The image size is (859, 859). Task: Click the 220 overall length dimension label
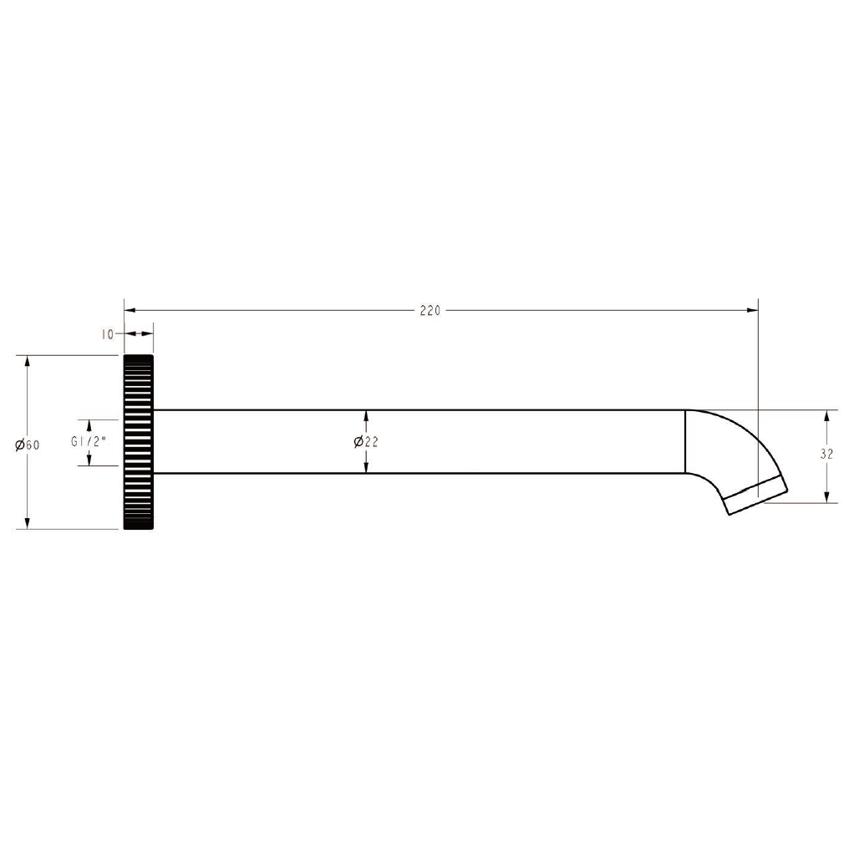(x=430, y=311)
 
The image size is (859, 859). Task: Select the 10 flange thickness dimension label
(x=107, y=334)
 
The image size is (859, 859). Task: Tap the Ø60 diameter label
(x=28, y=445)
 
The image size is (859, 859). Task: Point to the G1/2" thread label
(x=88, y=441)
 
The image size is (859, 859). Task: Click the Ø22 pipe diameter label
(x=366, y=441)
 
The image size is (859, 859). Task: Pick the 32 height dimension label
(x=826, y=455)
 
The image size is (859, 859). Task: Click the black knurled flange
(x=139, y=442)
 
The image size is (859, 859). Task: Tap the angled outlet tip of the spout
(x=756, y=495)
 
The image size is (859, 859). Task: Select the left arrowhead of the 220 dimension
(x=130, y=311)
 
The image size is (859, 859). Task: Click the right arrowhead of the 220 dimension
(x=752, y=311)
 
